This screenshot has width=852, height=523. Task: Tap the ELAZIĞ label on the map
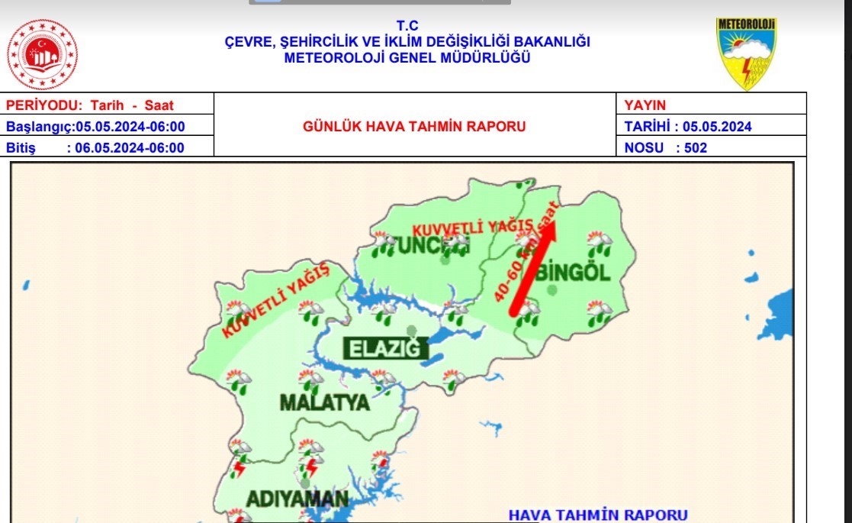coord(384,349)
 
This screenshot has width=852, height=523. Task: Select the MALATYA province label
coord(324,402)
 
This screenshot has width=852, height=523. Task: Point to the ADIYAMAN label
coord(297,499)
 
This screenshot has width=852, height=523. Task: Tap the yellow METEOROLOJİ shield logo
coord(746,54)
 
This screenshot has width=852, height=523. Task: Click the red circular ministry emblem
coord(42,54)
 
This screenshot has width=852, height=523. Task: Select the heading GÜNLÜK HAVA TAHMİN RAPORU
coord(414,127)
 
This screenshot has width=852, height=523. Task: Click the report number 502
coord(696,148)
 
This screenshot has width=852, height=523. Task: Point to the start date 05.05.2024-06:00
coord(130,127)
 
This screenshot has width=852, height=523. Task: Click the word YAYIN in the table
coord(645,105)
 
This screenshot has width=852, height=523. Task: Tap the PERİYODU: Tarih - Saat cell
coord(90,105)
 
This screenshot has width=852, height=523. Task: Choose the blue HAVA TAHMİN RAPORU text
coord(598,515)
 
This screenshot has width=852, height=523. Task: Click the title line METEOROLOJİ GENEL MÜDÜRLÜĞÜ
coord(407,58)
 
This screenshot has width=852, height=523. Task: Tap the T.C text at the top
coord(407,26)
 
